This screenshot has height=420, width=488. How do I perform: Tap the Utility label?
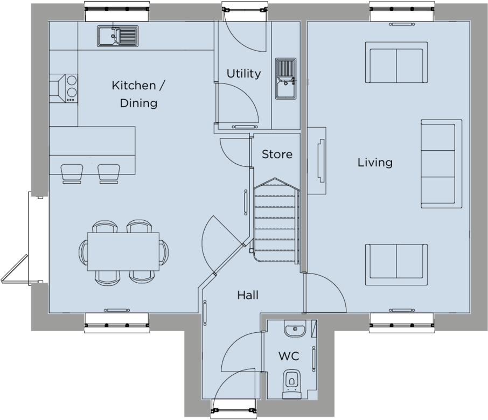pyautogui.click(x=243, y=74)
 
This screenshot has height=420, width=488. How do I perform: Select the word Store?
pyautogui.click(x=277, y=155)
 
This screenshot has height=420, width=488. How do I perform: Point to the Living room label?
pyautogui.click(x=375, y=162)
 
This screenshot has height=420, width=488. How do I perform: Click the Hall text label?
pyautogui.click(x=248, y=295)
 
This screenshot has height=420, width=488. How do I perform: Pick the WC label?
pyautogui.click(x=288, y=356)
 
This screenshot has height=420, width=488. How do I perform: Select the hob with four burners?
pyautogui.click(x=70, y=88)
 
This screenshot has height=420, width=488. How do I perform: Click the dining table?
pyautogui.click(x=123, y=251)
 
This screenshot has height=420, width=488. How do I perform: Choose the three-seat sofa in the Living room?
pyautogui.click(x=441, y=164)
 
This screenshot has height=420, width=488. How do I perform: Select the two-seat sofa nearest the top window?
pyautogui.click(x=396, y=64)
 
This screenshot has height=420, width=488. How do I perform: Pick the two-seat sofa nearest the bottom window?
pyautogui.click(x=396, y=263)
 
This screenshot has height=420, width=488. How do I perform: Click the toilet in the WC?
pyautogui.click(x=292, y=380)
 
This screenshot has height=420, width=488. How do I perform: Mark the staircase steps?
pyautogui.click(x=276, y=221)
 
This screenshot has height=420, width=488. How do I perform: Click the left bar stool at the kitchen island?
pyautogui.click(x=72, y=173)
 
